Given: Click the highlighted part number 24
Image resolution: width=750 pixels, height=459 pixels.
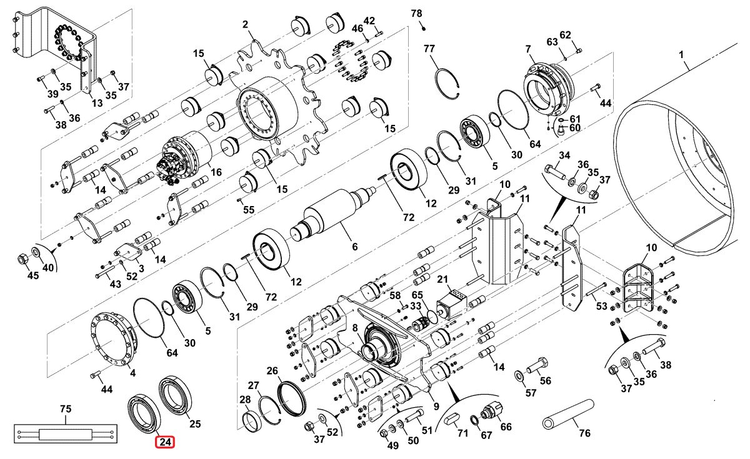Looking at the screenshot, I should (x=165, y=442).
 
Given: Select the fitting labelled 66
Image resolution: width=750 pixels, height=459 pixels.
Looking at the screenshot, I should (x=491, y=410).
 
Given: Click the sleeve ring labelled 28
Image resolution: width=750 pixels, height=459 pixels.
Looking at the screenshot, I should (x=249, y=421).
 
